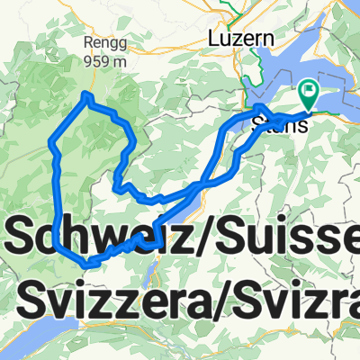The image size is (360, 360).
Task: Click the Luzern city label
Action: tap(239, 39)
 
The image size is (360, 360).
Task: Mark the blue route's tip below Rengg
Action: tap(86, 94)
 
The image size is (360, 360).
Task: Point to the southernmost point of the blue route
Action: tap(90, 263)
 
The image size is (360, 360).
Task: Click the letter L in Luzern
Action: tap(213, 39)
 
